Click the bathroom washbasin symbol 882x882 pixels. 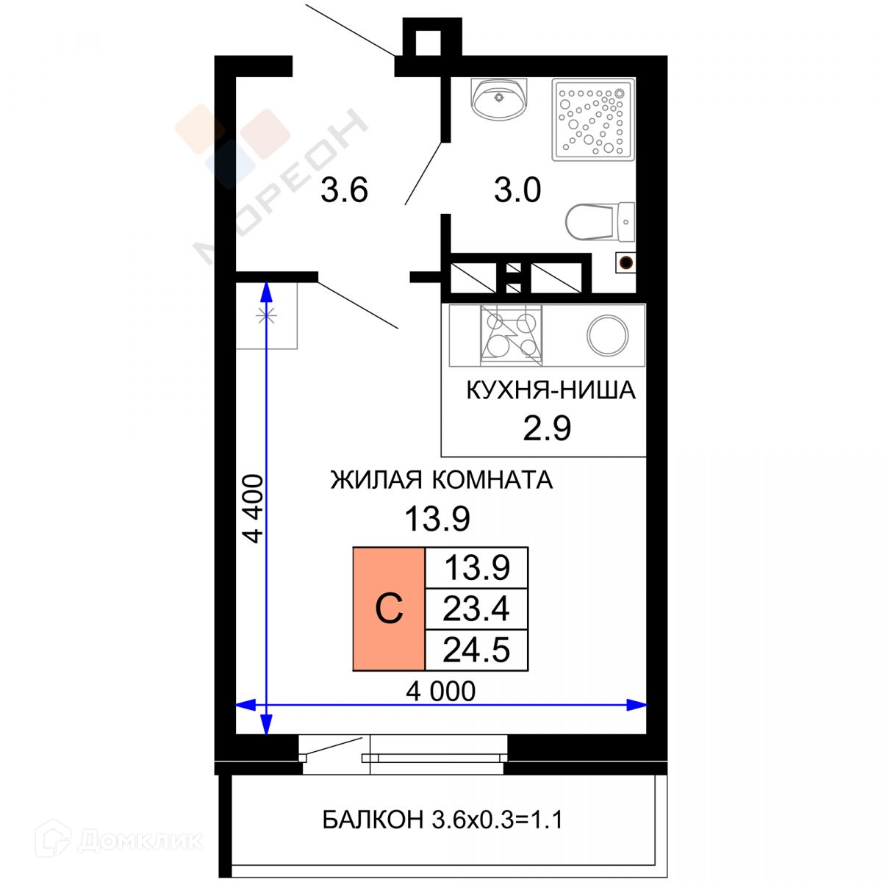pos(499,99)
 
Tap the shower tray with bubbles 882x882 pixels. pos(593,120)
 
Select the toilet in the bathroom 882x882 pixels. pos(600,222)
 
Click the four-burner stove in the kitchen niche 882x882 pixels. pos(512,335)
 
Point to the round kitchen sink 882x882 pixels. pos(607,335)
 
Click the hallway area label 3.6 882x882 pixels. pos(344,190)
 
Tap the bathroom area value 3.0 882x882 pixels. pos(517,190)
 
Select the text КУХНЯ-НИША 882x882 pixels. pos(551,390)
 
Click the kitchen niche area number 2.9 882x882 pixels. pos(547,429)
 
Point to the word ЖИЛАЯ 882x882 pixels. pos(376,480)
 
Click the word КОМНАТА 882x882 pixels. pos(492,480)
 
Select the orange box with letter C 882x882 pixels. pos(389,609)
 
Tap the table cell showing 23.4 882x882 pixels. pos(476,609)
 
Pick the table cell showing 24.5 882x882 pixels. pos(476,650)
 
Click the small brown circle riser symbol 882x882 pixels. pos(625,262)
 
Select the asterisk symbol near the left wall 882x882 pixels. pos(266,315)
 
